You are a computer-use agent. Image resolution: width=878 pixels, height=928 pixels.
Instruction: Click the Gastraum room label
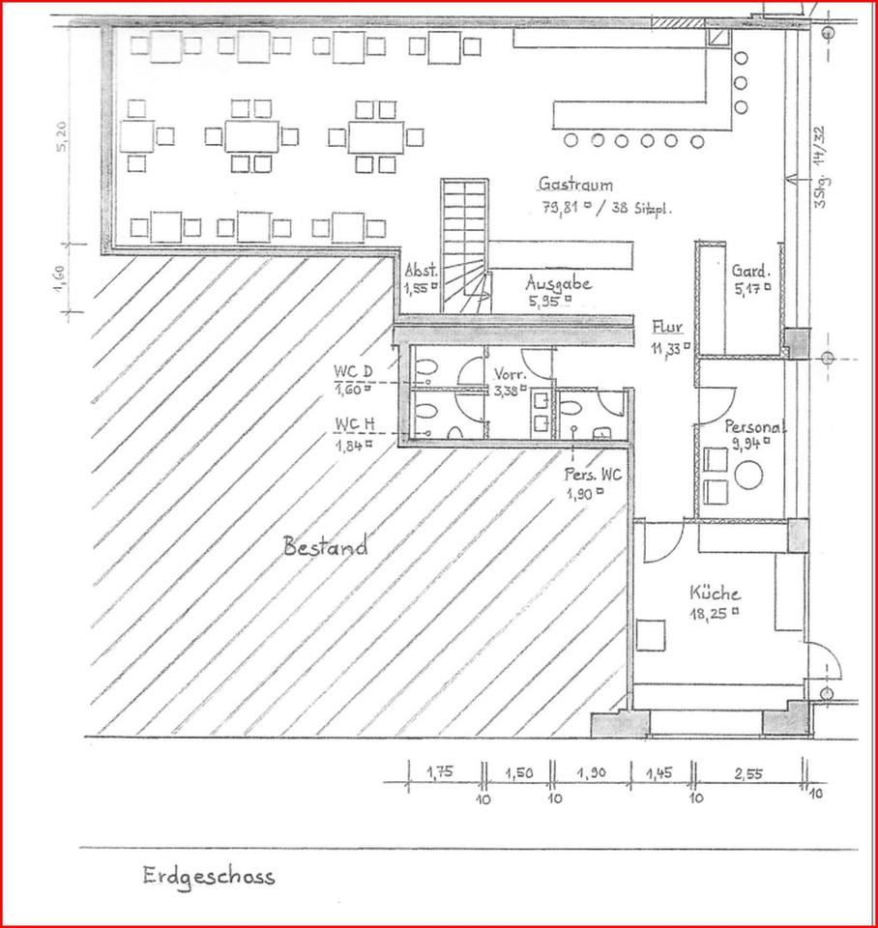(576, 185)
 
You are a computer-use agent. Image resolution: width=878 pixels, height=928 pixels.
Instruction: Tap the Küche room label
(715, 593)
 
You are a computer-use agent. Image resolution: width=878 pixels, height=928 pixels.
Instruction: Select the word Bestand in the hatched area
(325, 547)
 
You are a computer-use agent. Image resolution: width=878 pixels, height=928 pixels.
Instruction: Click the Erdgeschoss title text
(208, 876)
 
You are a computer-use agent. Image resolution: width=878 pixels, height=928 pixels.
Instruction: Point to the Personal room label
(755, 426)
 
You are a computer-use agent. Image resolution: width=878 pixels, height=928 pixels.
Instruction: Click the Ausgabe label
(558, 283)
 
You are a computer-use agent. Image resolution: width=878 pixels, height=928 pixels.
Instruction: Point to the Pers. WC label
(593, 475)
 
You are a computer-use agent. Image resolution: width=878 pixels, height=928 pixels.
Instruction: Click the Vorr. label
(510, 374)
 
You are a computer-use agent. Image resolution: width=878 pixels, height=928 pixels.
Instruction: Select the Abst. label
(422, 271)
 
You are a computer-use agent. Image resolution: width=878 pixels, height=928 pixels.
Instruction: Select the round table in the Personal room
(748, 474)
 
